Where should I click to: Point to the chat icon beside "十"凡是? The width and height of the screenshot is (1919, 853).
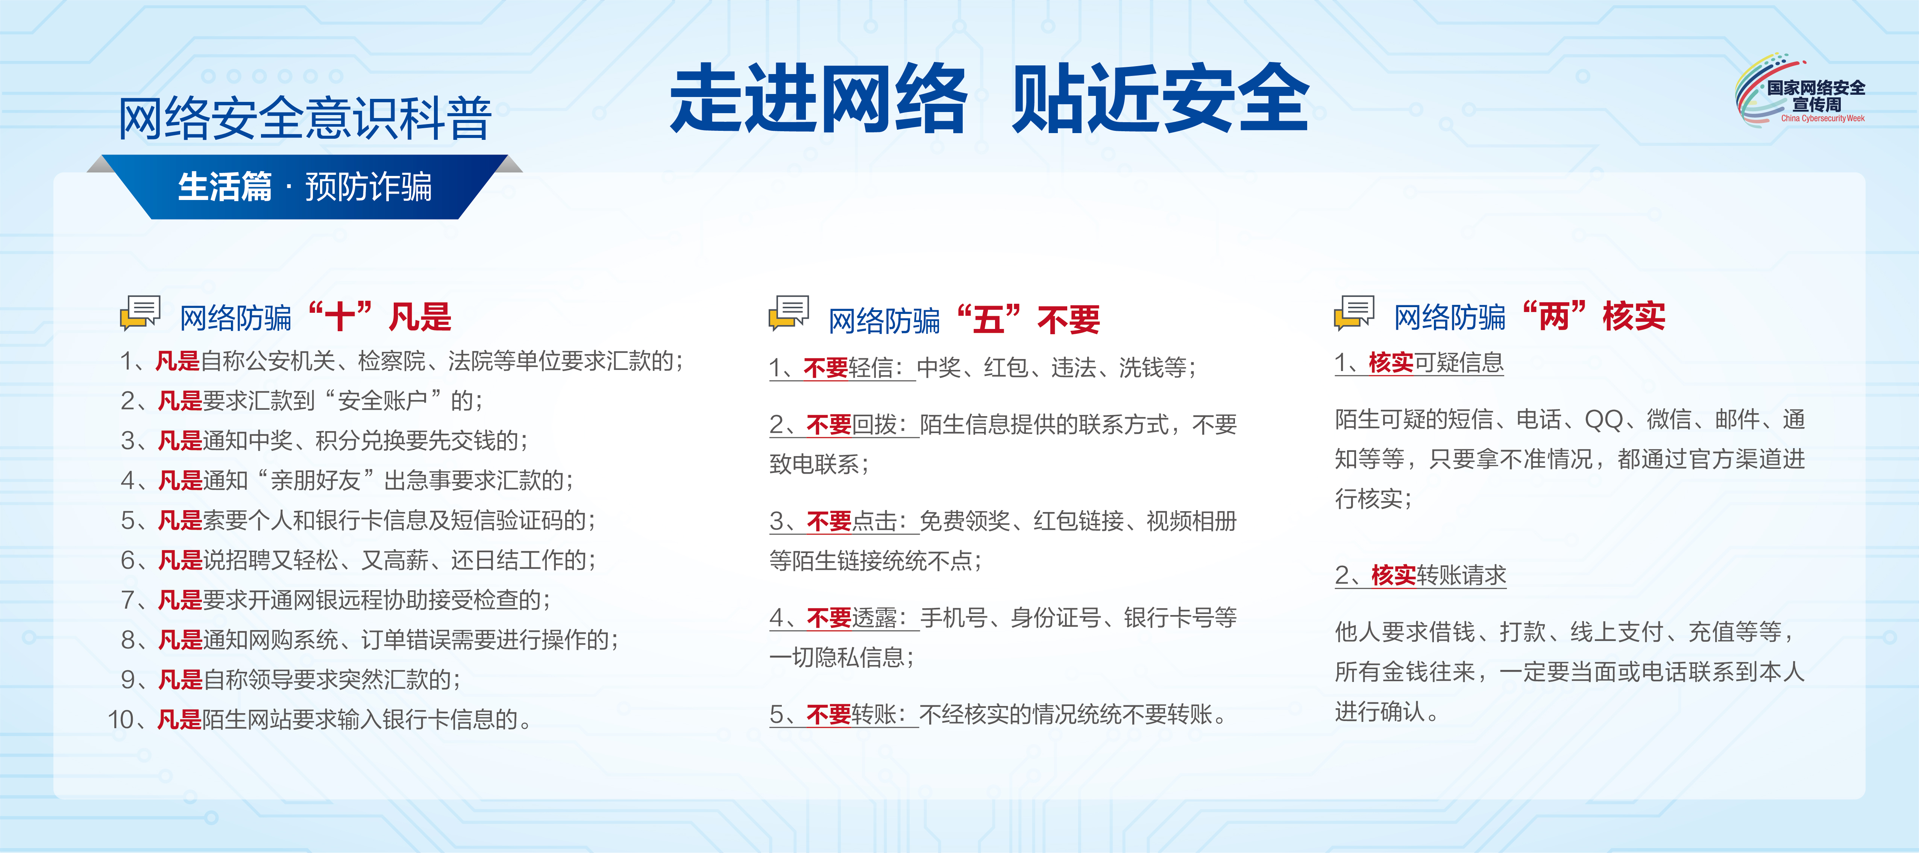[140, 313]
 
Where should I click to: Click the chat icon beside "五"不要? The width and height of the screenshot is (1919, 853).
[789, 313]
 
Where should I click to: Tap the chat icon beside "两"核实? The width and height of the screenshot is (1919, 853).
[1354, 313]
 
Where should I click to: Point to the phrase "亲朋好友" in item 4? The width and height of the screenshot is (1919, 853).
[315, 480]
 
